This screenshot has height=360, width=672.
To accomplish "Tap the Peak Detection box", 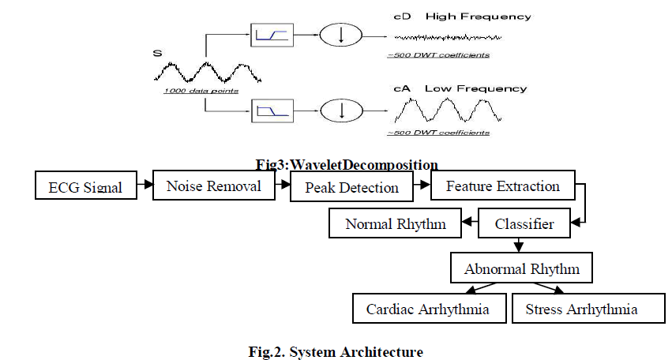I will [x=351, y=188].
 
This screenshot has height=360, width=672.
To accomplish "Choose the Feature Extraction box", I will [x=503, y=186].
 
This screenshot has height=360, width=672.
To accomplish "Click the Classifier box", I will [x=524, y=224].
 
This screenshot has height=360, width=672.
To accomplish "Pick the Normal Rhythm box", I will [x=396, y=224].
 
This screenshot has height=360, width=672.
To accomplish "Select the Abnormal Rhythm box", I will [x=522, y=269].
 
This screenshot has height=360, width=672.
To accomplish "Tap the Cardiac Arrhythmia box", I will [x=427, y=309].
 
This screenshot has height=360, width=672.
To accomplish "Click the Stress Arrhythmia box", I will [x=581, y=309].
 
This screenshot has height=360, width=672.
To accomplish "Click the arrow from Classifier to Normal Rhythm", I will [x=470, y=224].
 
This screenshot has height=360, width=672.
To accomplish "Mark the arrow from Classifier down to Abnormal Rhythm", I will [x=519, y=246].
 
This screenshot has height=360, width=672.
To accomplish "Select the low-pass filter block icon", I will [x=272, y=111].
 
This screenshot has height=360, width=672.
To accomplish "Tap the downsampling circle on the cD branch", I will [x=341, y=35].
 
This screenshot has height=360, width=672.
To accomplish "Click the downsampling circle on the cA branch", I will [x=341, y=111].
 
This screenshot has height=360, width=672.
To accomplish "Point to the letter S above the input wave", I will [x=157, y=53].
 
